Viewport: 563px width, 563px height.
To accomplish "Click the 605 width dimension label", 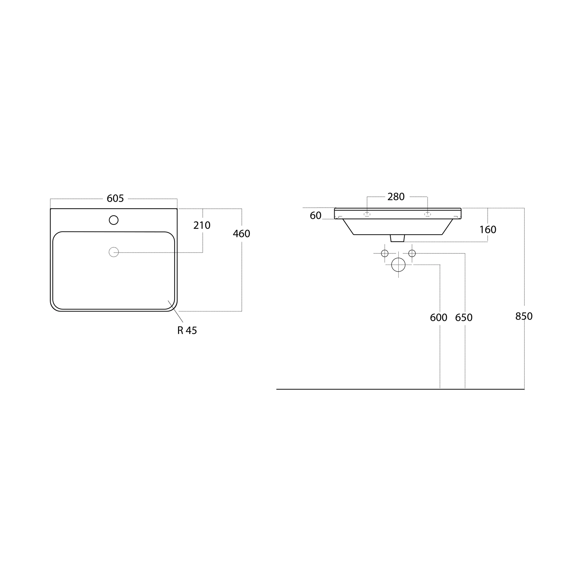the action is (x=115, y=198).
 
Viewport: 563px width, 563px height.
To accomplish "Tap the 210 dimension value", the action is (x=202, y=225).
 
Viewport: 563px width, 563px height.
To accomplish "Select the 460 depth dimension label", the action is (x=241, y=234).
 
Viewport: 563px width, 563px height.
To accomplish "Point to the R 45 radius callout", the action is (x=187, y=331).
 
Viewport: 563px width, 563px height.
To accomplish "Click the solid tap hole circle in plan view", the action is (x=114, y=220).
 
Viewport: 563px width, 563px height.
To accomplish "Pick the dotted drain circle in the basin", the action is (x=114, y=252).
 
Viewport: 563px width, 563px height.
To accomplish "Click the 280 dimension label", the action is (x=396, y=197).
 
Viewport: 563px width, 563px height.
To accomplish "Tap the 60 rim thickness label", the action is (x=316, y=216).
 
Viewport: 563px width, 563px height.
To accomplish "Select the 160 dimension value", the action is (x=488, y=230).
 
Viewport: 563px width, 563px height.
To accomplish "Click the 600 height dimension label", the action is (x=438, y=318).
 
